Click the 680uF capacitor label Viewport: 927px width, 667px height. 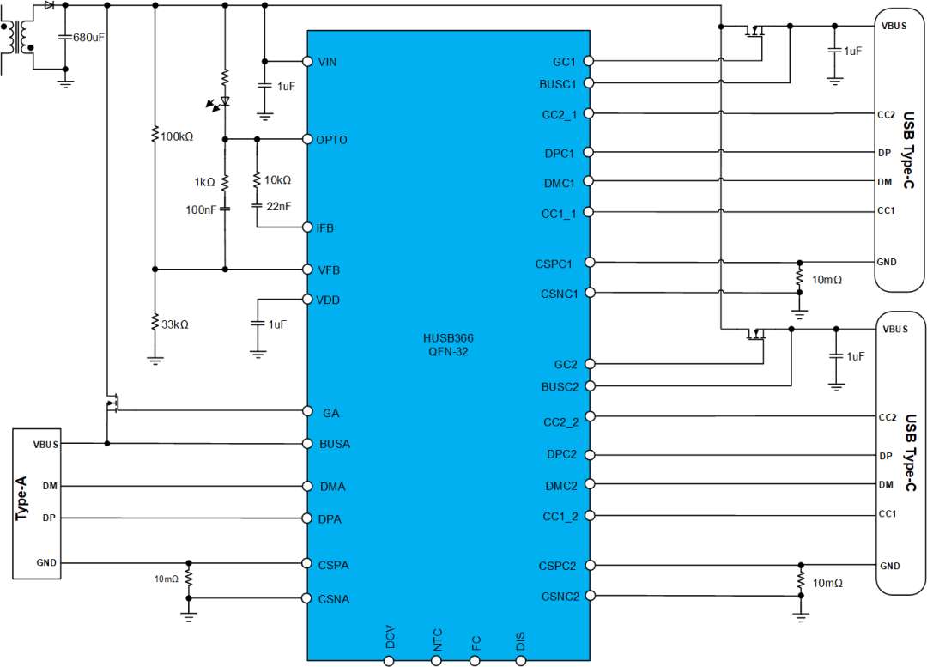pyautogui.click(x=88, y=37)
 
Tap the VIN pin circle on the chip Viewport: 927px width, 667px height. pyautogui.click(x=307, y=62)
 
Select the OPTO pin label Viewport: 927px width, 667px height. pyautogui.click(x=331, y=140)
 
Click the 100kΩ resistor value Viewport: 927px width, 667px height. pyautogui.click(x=177, y=136)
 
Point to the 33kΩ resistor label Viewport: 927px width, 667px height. pyautogui.click(x=175, y=324)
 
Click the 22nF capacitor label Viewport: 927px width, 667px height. pyautogui.click(x=278, y=206)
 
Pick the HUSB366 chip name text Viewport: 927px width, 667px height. pyautogui.click(x=448, y=338)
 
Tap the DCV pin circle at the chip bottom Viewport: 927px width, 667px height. pyautogui.click(x=389, y=661)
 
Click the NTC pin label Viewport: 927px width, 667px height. pyautogui.click(x=437, y=640)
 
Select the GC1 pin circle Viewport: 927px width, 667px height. pyautogui.click(x=588, y=61)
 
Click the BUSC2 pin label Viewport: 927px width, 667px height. pyautogui.click(x=560, y=387)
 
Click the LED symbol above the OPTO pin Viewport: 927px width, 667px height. pyautogui.click(x=220, y=102)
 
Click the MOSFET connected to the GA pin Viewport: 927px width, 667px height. pyautogui.click(x=112, y=404)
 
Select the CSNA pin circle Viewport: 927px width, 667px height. pyautogui.click(x=306, y=598)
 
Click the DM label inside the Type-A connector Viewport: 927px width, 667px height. pyautogui.click(x=50, y=486)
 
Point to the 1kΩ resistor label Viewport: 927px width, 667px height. pyautogui.click(x=204, y=182)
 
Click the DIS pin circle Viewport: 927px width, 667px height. pyautogui.click(x=521, y=661)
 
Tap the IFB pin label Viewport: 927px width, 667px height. pyautogui.click(x=325, y=228)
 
